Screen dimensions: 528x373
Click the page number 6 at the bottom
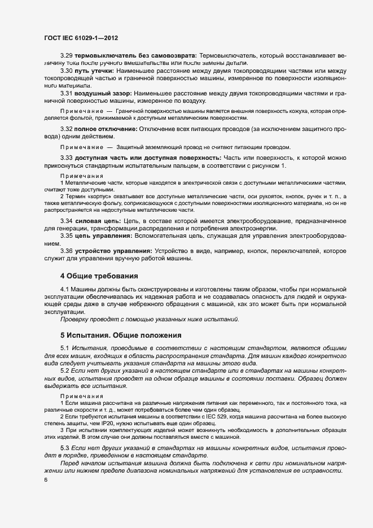(46, 480)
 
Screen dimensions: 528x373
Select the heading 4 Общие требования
(99, 276)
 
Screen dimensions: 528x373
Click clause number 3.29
(67, 56)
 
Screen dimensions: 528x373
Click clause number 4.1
(64, 289)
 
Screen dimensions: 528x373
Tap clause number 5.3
(65, 447)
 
